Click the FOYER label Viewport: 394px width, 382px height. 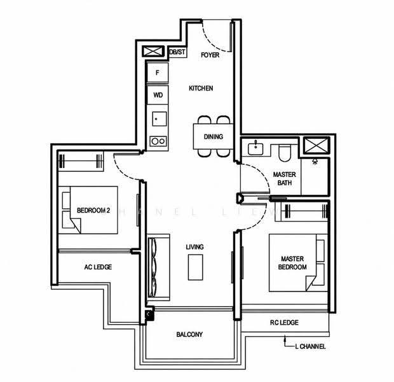click(210, 55)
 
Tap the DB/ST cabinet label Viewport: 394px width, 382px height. click(177, 52)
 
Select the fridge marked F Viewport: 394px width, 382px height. click(158, 73)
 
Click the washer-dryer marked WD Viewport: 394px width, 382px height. click(158, 95)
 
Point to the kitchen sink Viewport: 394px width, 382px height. click(160, 119)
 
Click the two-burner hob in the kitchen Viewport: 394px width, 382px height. click(158, 141)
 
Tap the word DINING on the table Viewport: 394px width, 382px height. click(214, 137)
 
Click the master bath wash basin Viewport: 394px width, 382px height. click(255, 148)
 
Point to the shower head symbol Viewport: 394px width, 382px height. click(315, 162)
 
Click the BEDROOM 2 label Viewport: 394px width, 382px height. click(93, 210)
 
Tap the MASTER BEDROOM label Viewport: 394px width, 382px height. click(292, 263)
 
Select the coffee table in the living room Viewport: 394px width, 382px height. click(196, 267)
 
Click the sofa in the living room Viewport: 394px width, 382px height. click(158, 267)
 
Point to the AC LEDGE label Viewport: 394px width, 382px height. click(98, 267)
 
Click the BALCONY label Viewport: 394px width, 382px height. click(189, 334)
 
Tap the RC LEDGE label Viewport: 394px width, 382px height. click(284, 323)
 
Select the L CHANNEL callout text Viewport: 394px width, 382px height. click(310, 346)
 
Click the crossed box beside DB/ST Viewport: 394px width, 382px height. click(153, 52)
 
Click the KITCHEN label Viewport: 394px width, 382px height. click(201, 88)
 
